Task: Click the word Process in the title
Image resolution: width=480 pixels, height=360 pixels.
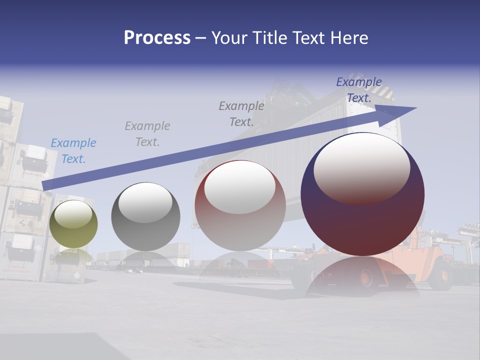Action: [157, 38]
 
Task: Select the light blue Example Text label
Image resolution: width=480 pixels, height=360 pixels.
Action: [73, 150]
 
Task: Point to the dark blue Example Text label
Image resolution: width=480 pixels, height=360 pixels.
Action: [359, 89]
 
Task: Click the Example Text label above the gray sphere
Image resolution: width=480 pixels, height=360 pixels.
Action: [147, 133]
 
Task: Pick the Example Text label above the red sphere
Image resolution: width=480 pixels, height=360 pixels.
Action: [241, 113]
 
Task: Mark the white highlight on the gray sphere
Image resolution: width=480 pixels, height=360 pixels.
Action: [145, 201]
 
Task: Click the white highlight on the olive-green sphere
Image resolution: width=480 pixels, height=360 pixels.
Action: [73, 214]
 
